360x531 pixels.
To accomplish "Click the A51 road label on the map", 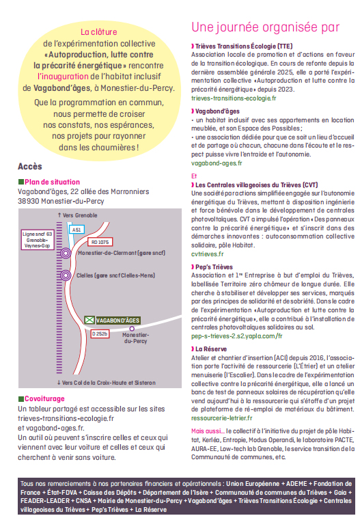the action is (77, 230).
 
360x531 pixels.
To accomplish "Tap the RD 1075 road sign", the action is (100, 242).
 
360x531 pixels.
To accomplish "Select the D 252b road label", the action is (100, 333).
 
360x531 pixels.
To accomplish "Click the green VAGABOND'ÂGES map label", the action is (113, 320).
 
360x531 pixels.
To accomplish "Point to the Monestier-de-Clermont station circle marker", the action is (66, 253).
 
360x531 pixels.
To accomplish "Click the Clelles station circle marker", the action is (66, 275).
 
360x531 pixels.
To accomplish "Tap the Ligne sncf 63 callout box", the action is (38, 240).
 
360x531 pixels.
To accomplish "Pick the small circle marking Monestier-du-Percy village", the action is (132, 329).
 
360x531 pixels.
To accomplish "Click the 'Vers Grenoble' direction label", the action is (77, 215).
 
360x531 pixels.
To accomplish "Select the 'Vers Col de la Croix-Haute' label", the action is (107, 383).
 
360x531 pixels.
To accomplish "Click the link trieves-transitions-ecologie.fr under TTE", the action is (234, 98).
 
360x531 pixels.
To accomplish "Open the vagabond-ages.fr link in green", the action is (217, 163).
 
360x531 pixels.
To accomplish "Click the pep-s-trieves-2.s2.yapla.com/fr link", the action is (237, 336).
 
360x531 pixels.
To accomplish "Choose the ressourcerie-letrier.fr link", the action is (222, 418).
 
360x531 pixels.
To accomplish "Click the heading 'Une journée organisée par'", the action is (266, 27).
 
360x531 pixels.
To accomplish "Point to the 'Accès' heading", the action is (30, 167).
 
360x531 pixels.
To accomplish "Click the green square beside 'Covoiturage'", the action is (21, 399).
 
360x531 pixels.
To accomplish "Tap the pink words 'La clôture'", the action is (99, 32).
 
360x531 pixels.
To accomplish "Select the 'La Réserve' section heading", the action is (209, 349).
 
